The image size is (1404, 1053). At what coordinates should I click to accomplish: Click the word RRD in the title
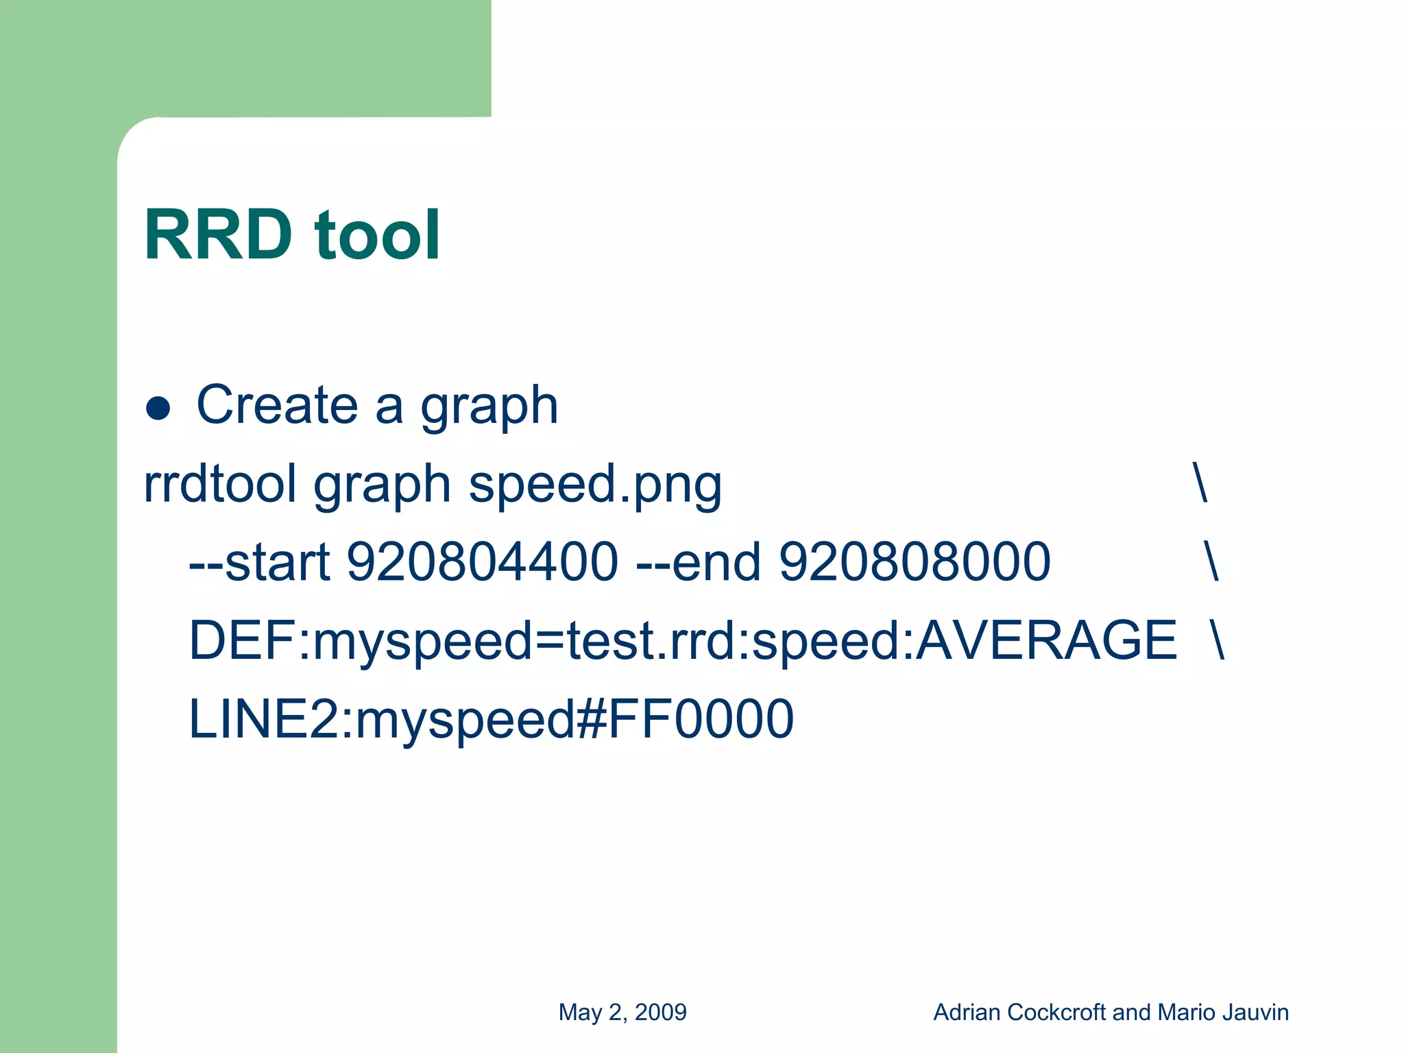coord(218,235)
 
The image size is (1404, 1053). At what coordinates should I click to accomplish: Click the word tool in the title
coord(376,235)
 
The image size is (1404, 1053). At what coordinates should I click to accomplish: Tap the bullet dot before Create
coord(158,408)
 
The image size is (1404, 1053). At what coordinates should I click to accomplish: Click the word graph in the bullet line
coord(489,408)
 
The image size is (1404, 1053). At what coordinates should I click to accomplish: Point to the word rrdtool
coord(220,483)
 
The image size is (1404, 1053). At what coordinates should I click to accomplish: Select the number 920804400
coord(483,562)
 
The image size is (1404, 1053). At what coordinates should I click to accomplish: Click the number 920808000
coord(915,562)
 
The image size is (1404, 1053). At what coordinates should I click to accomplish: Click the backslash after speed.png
coord(1200,483)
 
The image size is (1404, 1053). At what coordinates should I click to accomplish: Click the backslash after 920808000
coord(1211,562)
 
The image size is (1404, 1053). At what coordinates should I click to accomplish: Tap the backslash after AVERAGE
coord(1218,640)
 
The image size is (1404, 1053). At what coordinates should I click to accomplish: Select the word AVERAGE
coord(1046,640)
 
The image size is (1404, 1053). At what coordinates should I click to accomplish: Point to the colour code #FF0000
coord(686,719)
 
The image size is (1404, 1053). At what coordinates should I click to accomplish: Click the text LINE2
coord(263,719)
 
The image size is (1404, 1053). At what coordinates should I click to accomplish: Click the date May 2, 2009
coord(622,1013)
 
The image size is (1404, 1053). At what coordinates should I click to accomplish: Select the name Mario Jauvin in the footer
coord(1222,1013)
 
